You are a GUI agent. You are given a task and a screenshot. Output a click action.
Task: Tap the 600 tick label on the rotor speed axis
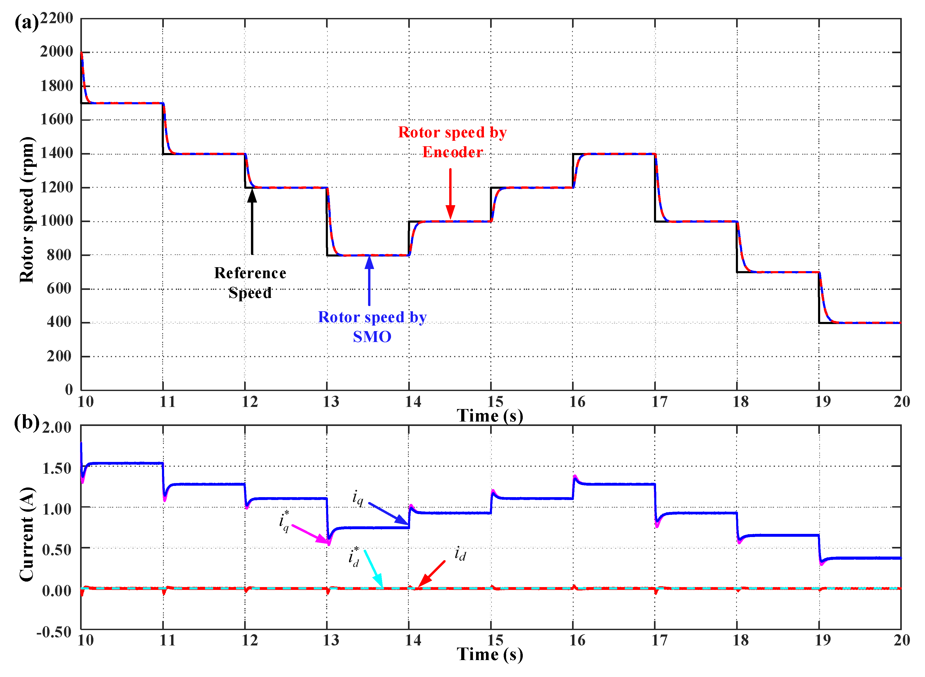(59, 289)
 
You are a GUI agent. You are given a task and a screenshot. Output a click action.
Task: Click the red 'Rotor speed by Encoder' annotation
(452, 142)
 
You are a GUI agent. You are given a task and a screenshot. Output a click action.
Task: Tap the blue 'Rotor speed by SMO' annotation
(372, 327)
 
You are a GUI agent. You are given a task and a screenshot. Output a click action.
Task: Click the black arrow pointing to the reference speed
(252, 221)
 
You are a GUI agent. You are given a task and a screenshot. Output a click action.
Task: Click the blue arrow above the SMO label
(369, 281)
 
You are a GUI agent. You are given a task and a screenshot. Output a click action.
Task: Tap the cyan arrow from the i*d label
(374, 569)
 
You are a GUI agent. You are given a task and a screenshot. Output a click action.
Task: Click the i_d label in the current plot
(460, 554)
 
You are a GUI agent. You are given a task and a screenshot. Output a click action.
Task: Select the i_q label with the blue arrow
(358, 498)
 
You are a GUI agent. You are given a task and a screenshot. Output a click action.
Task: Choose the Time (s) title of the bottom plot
(490, 655)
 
